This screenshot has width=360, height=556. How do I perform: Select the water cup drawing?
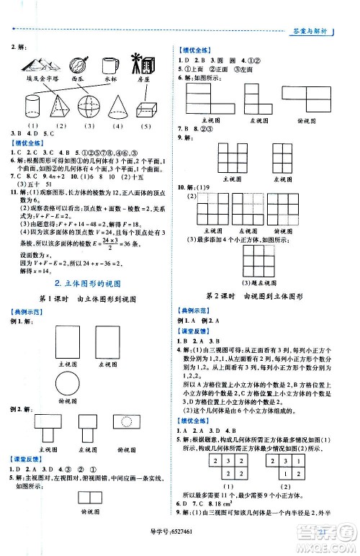pyautogui.click(x=110, y=63)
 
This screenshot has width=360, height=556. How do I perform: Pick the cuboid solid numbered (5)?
pyautogui.click(x=146, y=109)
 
